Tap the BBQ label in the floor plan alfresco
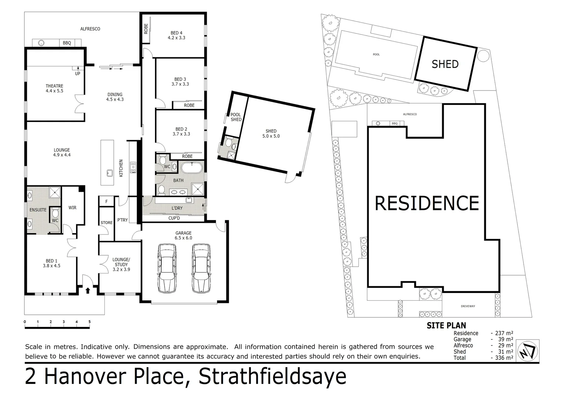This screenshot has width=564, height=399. (x=67, y=43)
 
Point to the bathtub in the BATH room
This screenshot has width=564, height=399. (x=192, y=168)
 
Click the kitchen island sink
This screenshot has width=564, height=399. (x=109, y=173)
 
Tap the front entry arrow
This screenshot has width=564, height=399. (x=88, y=290)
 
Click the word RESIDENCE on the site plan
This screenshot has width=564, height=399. (x=427, y=203)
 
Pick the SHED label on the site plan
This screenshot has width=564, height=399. (x=445, y=64)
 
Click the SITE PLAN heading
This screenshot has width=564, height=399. (x=446, y=325)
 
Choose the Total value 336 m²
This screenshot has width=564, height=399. (x=502, y=358)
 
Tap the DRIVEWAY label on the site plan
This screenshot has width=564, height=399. (x=468, y=306)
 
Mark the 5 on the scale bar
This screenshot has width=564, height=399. (x=89, y=322)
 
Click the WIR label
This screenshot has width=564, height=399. (x=72, y=208)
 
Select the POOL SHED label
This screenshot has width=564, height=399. (x=236, y=117)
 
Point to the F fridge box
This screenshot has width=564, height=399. (x=107, y=201)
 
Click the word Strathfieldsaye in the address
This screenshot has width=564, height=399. (x=272, y=376)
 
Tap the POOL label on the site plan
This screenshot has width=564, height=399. (x=376, y=55)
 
